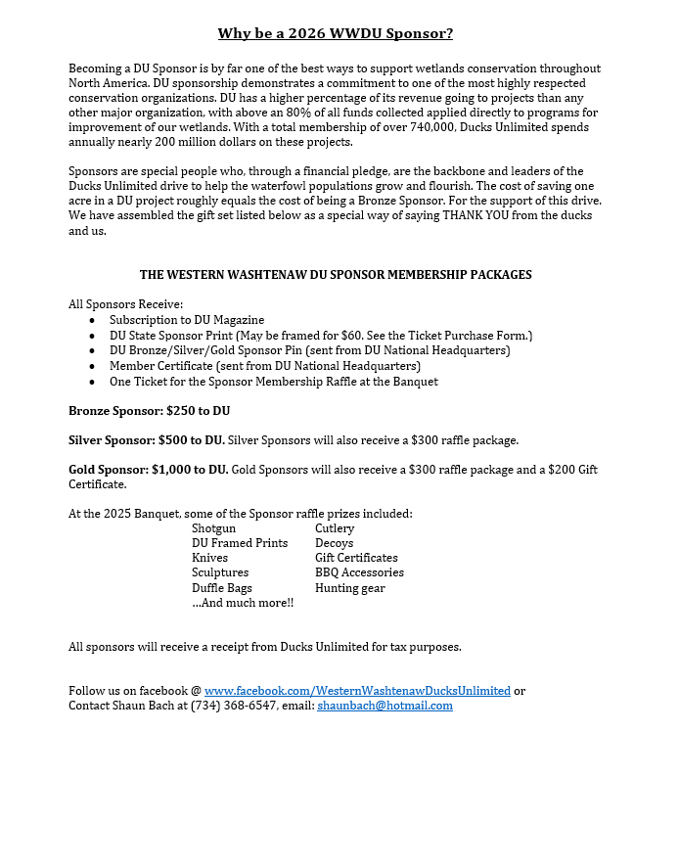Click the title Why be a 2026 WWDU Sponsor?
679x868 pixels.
[336, 34]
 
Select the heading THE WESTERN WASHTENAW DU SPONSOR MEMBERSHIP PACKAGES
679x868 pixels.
[336, 275]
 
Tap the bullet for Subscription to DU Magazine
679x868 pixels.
[92, 320]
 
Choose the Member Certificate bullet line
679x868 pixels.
[264, 366]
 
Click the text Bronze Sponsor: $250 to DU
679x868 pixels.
[149, 411]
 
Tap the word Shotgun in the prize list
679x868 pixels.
[213, 528]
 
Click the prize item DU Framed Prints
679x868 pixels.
[240, 543]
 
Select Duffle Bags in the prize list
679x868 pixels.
[222, 588]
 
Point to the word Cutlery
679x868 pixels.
[335, 528]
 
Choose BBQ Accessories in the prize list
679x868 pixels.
[359, 572]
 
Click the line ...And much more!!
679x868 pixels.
[243, 603]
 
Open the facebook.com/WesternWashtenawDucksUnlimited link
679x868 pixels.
[357, 691]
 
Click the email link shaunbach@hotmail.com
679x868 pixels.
[385, 706]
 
